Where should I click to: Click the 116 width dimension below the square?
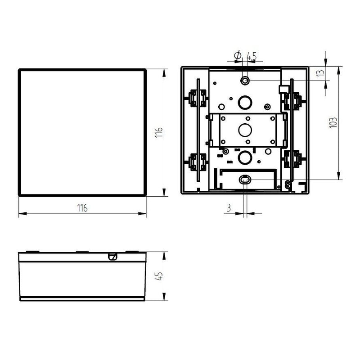82,208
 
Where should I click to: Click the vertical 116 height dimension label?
159,132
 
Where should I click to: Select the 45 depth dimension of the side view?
159,276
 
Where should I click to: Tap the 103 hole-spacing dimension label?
333,123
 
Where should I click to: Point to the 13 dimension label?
320,73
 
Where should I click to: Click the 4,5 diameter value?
252,56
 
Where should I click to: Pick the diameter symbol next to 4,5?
238,55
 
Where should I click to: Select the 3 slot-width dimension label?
229,208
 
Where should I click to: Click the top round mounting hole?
245,81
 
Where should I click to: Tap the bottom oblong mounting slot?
245,180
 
